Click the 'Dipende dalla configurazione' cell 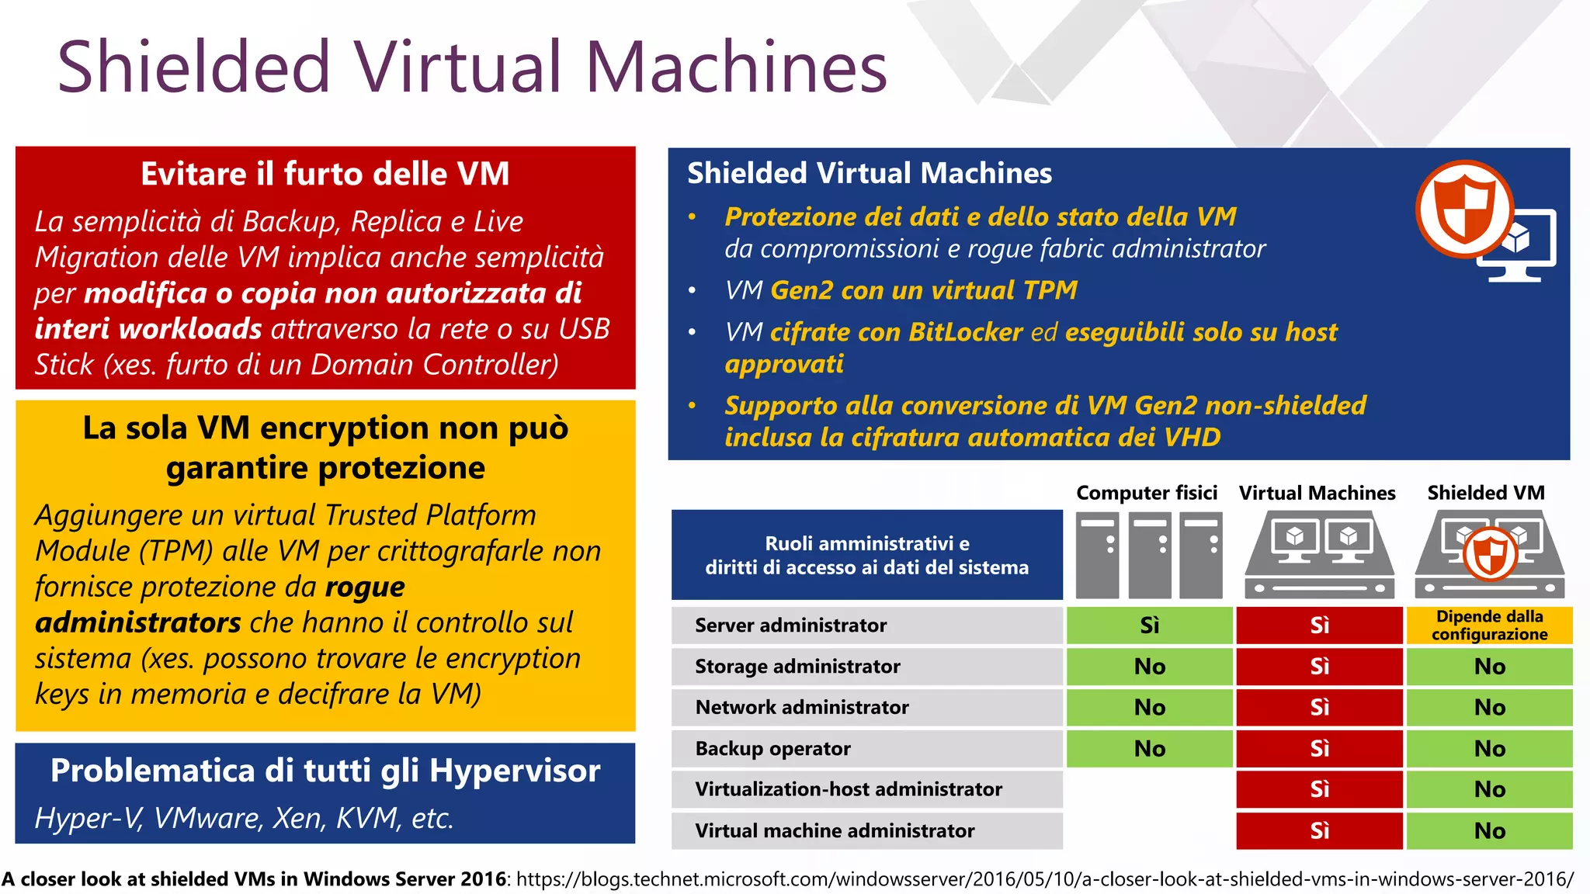[x=1489, y=625]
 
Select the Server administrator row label [x=790, y=625]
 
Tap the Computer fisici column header [x=1147, y=493]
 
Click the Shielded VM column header [x=1486, y=493]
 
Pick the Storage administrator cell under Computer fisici [x=1149, y=667]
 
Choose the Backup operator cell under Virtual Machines [x=1319, y=749]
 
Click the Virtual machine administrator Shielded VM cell [x=1489, y=831]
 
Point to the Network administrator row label [x=801, y=708]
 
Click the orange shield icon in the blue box [x=1464, y=209]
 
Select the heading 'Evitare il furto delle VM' [x=325, y=174]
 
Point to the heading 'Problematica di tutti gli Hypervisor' [x=325, y=771]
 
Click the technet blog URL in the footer [x=1044, y=879]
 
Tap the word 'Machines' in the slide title [x=736, y=68]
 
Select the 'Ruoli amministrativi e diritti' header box [x=866, y=555]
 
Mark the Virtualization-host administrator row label [x=849, y=789]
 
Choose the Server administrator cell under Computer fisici [x=1149, y=625]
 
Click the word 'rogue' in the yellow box [x=365, y=587]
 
